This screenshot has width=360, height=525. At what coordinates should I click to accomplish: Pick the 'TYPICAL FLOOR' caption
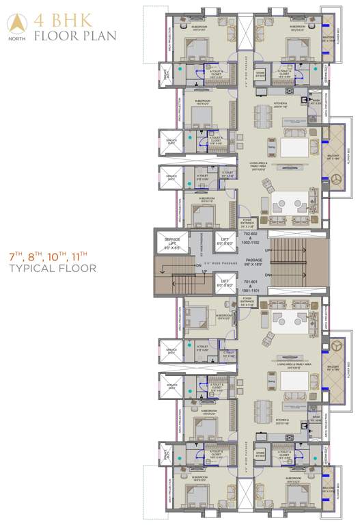point(48,269)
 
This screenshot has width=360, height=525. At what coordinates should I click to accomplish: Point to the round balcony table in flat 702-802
point(335,179)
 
